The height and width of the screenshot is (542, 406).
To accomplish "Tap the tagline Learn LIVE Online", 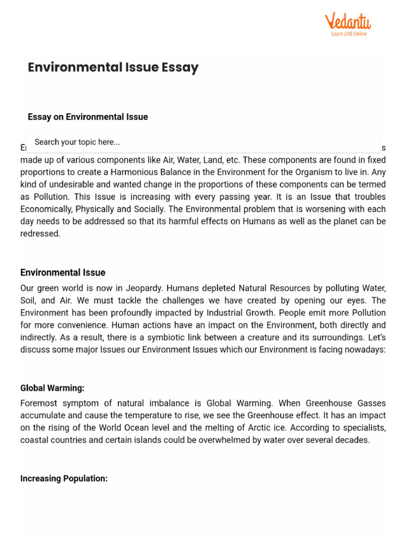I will pos(349,34).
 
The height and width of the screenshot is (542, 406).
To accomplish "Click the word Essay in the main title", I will pos(180,67).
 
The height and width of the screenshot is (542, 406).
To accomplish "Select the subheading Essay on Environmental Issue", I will pos(88,117).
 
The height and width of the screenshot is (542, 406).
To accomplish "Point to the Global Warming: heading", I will pos(52,388).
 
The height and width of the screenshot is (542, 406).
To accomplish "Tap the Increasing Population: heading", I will pos(64,478).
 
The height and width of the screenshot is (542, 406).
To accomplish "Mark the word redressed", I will pos(40,233).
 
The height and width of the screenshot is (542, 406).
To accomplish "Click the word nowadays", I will pos(366,349).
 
